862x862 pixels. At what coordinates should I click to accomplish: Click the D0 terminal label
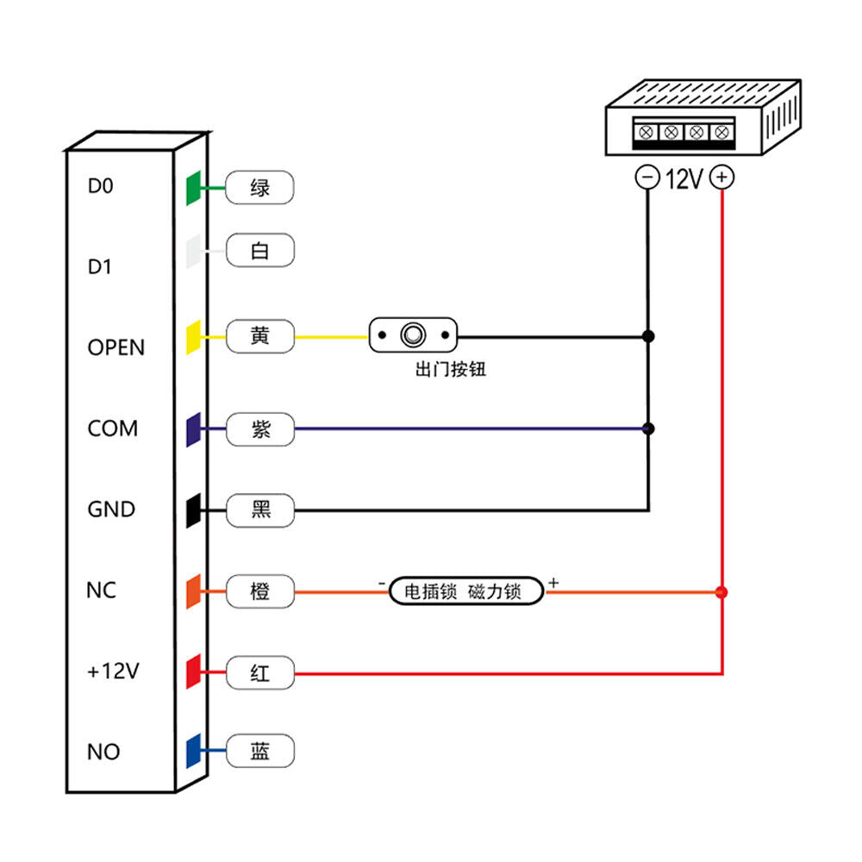(x=101, y=185)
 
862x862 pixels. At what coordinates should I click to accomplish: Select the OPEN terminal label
(x=116, y=347)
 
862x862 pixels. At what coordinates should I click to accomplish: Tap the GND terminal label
(x=111, y=509)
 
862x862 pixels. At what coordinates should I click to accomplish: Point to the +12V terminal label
(x=113, y=671)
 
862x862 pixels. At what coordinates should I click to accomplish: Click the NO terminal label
(x=103, y=752)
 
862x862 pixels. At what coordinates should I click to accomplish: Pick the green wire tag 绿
(x=259, y=186)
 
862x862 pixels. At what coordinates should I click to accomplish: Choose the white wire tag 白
(x=259, y=251)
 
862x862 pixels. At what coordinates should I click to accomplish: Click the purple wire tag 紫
(x=259, y=428)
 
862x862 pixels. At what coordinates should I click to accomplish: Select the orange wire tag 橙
(x=259, y=591)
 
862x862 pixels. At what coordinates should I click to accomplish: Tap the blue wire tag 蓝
(x=259, y=752)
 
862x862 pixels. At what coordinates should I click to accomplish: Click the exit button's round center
(x=414, y=334)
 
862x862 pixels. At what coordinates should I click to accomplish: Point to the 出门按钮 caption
(x=450, y=372)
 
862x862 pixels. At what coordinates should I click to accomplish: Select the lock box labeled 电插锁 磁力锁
(x=466, y=592)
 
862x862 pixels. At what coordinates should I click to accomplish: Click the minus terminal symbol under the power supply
(x=646, y=178)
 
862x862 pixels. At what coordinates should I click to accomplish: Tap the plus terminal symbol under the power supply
(x=722, y=178)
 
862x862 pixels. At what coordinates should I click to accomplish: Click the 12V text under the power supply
(x=684, y=179)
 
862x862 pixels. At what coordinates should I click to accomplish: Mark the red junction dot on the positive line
(x=722, y=592)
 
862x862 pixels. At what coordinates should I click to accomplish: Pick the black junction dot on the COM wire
(x=649, y=428)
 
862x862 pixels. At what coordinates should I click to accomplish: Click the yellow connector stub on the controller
(x=194, y=336)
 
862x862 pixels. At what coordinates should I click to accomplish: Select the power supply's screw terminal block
(x=684, y=133)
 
